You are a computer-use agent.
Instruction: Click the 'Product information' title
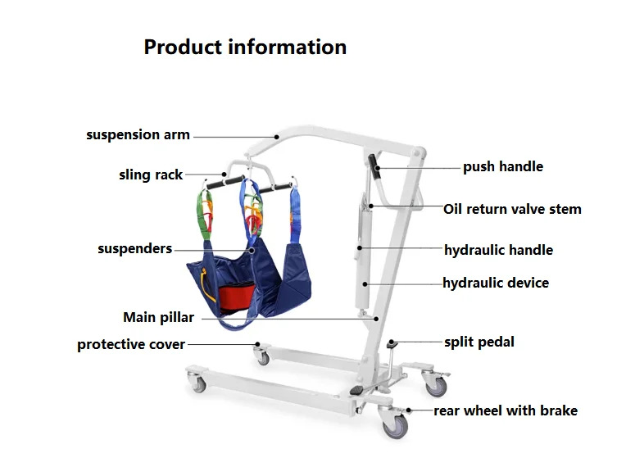pyautogui.click(x=245, y=47)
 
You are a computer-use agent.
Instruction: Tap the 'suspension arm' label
pyautogui.click(x=138, y=135)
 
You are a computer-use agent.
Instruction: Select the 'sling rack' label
pyautogui.click(x=151, y=175)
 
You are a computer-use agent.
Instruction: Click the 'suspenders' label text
pyautogui.click(x=135, y=248)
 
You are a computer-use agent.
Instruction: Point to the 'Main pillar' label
pyautogui.click(x=158, y=317)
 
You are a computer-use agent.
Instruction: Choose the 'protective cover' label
pyautogui.click(x=131, y=344)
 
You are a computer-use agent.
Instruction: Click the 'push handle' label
pyautogui.click(x=502, y=167)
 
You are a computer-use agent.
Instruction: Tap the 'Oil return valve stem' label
pyautogui.click(x=512, y=209)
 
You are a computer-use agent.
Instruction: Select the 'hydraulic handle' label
pyautogui.click(x=498, y=250)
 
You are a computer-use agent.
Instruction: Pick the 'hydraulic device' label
pyautogui.click(x=496, y=283)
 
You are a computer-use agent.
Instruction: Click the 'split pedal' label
pyautogui.click(x=479, y=342)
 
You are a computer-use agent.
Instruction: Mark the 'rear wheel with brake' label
pyautogui.click(x=506, y=410)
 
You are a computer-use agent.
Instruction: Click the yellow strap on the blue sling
pyautogui.click(x=202, y=286)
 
